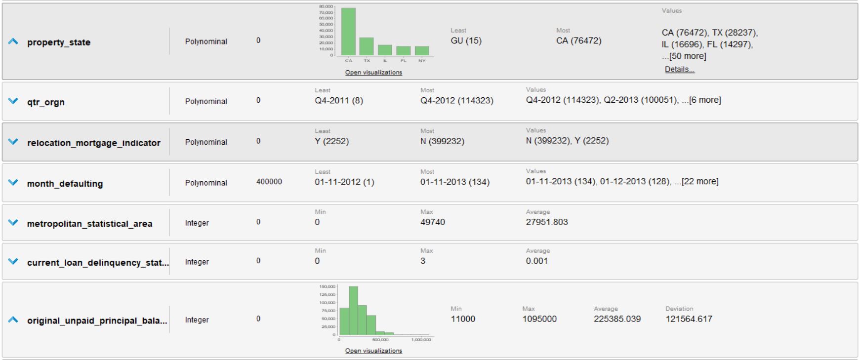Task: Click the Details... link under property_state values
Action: (x=679, y=70)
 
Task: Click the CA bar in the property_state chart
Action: (x=348, y=32)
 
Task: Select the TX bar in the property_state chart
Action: (x=366, y=46)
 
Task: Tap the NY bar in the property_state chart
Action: (x=422, y=50)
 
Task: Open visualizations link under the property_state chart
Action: (x=373, y=73)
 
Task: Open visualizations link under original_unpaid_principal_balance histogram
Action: (x=373, y=351)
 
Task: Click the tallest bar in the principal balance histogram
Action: (x=353, y=311)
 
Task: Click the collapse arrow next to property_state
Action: (x=13, y=42)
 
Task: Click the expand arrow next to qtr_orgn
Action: (x=13, y=101)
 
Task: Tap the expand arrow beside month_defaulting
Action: (x=13, y=183)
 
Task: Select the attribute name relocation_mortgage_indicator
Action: (x=94, y=143)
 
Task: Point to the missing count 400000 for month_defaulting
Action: (x=269, y=182)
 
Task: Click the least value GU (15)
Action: (x=466, y=40)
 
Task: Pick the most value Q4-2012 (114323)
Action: (x=456, y=100)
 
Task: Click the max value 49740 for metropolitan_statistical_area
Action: (x=432, y=222)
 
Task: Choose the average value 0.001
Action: (x=536, y=261)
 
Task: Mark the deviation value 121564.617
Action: (x=689, y=319)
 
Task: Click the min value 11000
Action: (x=463, y=319)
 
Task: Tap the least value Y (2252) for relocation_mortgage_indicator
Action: (x=331, y=141)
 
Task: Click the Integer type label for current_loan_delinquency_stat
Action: (x=197, y=262)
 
